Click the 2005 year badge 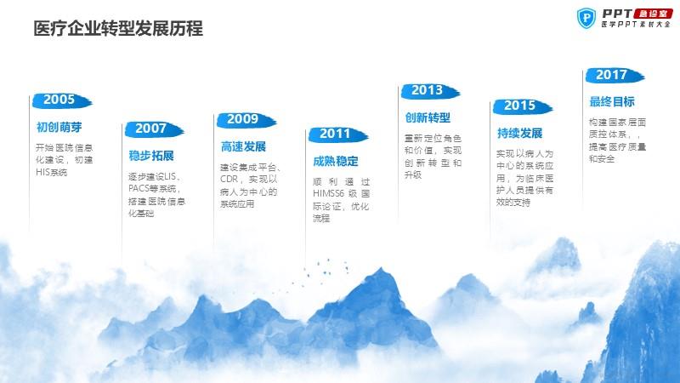[62, 100]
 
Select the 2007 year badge [154, 129]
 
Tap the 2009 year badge [246, 120]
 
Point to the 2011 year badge [337, 134]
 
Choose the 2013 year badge [430, 91]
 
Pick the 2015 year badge [522, 106]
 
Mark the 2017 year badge [615, 76]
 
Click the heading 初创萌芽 [59, 127]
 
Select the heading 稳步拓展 [151, 156]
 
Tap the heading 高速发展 [243, 146]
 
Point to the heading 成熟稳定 [335, 162]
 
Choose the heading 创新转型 [428, 117]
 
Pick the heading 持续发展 [519, 134]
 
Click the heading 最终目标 [612, 102]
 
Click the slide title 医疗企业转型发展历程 [118, 29]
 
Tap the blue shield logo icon [586, 18]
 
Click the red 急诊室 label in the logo [653, 14]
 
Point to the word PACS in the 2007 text [139, 189]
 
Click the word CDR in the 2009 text [229, 179]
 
